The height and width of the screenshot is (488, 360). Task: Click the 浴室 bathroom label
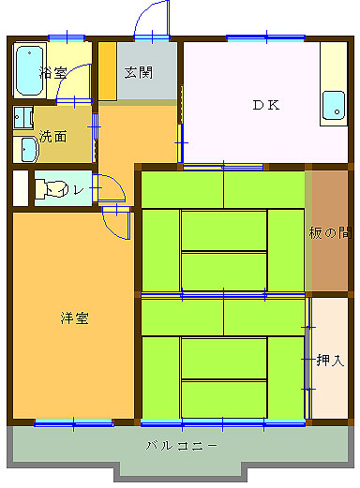[53, 73]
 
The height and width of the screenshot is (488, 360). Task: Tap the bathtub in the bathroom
[30, 71]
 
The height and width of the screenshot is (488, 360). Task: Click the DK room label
[265, 105]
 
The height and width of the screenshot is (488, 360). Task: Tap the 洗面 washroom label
[53, 136]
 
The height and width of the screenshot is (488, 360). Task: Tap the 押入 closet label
[330, 360]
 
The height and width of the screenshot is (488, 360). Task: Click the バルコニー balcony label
[182, 444]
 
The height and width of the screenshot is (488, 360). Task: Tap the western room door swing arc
[118, 225]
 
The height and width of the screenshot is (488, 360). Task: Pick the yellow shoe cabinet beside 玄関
[108, 72]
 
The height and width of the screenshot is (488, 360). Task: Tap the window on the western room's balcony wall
[73, 422]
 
